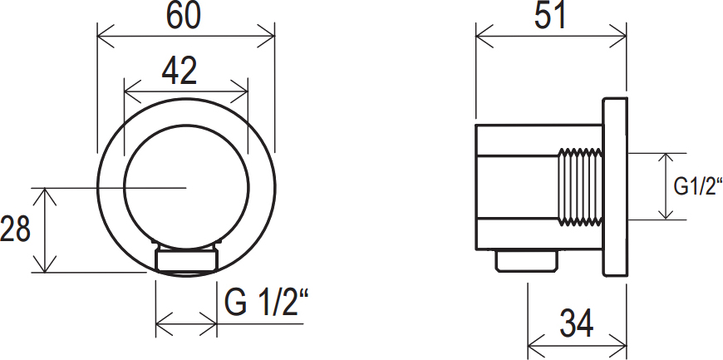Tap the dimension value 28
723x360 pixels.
coord(17,230)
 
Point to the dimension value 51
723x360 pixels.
coord(549,17)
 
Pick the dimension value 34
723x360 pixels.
coord(576,324)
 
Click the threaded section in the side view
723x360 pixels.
coord(578,185)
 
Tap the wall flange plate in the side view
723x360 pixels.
coord(614,185)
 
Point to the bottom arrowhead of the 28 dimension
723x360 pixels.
coord(45,267)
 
